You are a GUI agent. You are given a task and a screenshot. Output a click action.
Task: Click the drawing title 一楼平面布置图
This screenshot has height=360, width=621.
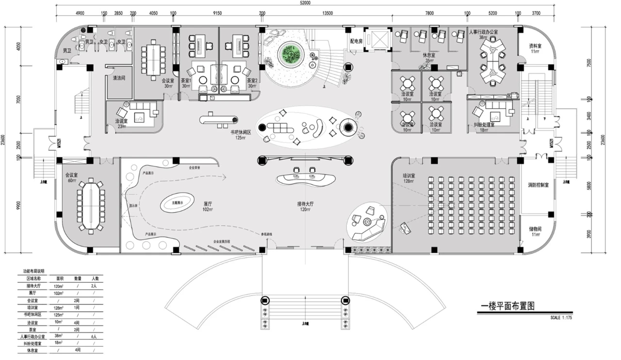[507, 306]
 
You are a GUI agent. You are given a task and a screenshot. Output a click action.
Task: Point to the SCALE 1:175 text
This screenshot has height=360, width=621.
[562, 318]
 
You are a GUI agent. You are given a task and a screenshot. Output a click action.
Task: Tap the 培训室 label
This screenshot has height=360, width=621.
[408, 176]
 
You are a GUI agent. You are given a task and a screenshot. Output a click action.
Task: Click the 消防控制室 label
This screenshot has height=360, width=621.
[538, 185]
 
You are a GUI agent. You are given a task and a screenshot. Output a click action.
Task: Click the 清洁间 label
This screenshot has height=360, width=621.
[119, 78]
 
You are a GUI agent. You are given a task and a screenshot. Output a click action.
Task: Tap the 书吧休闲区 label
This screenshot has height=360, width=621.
[240, 132]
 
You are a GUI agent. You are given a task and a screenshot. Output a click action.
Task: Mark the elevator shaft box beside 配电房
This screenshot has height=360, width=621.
[378, 39]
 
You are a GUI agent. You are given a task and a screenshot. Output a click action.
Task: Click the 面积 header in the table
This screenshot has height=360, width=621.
[60, 279]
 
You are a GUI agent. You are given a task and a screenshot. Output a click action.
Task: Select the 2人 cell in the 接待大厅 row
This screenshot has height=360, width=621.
[95, 286]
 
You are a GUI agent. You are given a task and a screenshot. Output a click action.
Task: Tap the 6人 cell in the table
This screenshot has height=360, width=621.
[95, 336]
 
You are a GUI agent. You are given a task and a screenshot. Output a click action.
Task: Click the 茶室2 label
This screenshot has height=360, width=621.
[252, 81]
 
